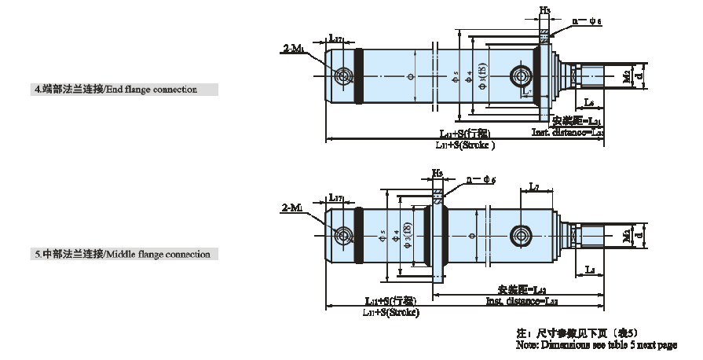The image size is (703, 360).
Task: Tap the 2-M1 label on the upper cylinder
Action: [x=292, y=49]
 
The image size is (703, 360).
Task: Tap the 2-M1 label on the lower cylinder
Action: [x=292, y=208]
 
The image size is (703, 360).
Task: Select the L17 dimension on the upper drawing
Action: [x=335, y=39]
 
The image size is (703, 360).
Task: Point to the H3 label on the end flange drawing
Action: [x=544, y=11]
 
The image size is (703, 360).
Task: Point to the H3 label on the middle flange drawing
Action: [x=437, y=172]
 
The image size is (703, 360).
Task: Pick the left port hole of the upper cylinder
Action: [x=343, y=76]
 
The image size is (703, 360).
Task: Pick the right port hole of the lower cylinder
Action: [x=520, y=233]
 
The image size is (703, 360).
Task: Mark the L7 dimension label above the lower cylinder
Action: [x=533, y=187]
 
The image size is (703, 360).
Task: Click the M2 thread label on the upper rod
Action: [x=626, y=77]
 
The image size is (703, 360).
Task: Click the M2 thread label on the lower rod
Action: [x=626, y=234]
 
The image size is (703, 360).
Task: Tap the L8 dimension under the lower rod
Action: [x=590, y=270]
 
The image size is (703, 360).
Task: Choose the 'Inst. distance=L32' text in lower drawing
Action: [x=522, y=301]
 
